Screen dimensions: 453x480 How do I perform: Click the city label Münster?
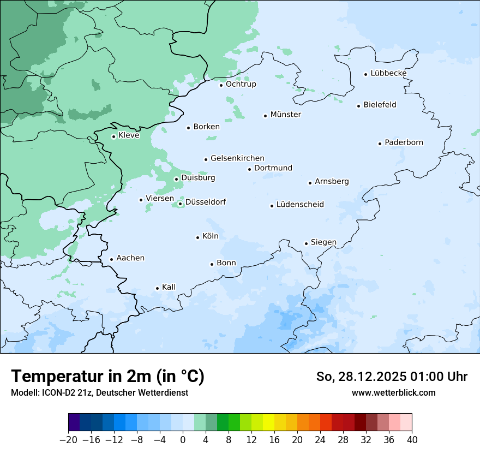[285, 115]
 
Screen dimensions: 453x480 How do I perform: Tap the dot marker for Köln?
[197, 237]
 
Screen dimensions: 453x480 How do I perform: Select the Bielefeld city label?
[380, 105]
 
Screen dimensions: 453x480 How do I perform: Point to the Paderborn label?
[404, 142]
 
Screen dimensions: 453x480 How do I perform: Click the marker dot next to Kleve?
[113, 136]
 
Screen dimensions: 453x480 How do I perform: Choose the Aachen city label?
[130, 258]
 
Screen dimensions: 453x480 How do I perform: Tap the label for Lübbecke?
[388, 73]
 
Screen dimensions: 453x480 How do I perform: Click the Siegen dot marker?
[306, 243]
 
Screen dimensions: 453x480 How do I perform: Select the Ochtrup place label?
[241, 84]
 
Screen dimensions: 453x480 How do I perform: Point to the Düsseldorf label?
[206, 202]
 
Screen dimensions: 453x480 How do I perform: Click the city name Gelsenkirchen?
[237, 158]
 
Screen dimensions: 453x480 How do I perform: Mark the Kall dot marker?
[157, 288]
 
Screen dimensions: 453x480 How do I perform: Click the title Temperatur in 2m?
[107, 377]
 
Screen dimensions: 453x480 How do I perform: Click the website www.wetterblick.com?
[393, 392]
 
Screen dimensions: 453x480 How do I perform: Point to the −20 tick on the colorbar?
[68, 440]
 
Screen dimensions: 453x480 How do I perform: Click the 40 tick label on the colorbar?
[412, 440]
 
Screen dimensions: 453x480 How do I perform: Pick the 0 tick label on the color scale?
[183, 440]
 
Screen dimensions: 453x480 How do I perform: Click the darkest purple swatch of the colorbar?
[74, 422]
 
